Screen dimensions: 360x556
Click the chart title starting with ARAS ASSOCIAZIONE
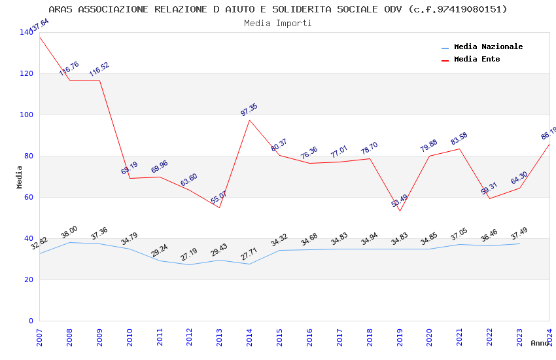tap(278, 9)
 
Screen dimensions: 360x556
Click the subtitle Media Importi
tap(278, 23)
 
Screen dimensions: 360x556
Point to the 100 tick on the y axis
tap(27, 115)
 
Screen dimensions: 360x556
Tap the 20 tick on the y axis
tap(29, 279)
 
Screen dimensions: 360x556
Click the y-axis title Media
tap(19, 177)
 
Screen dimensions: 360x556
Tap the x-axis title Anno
tap(540, 343)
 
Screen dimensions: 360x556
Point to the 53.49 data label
tap(400, 200)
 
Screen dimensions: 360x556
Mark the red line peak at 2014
tap(249, 120)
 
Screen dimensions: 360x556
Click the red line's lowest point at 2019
tap(400, 211)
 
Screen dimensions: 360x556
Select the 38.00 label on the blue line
tap(69, 232)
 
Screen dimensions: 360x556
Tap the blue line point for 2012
tap(189, 264)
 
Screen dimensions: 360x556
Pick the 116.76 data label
tap(69, 69)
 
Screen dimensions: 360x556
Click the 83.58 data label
tap(459, 139)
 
